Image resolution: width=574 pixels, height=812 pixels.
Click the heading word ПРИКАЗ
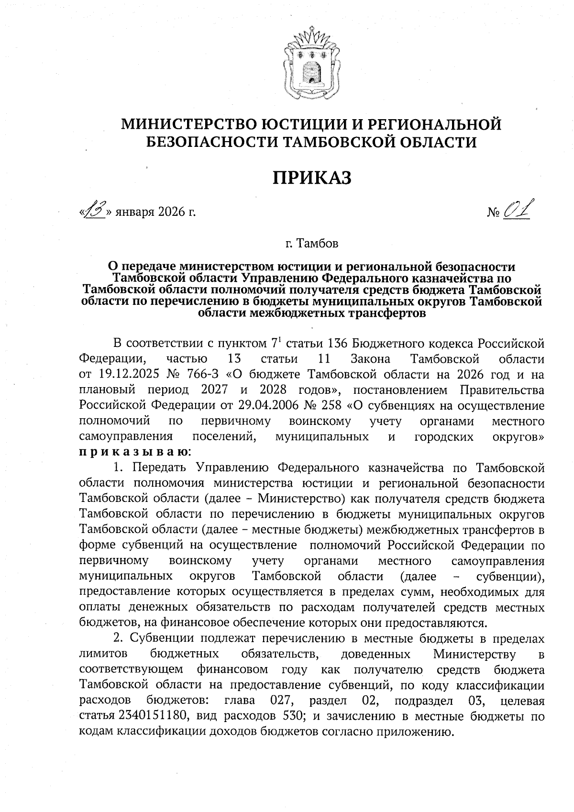point(312,178)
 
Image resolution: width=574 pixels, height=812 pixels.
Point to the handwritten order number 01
point(519,210)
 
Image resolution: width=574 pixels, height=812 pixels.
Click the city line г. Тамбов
point(312,244)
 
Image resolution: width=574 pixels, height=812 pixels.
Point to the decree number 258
point(331,406)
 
